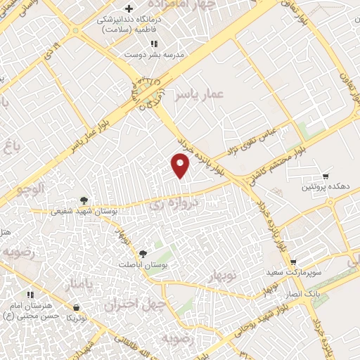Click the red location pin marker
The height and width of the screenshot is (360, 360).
coord(181,166)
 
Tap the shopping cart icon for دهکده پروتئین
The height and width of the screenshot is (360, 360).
coord(326,176)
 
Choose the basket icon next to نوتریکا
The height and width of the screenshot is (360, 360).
coord(75,307)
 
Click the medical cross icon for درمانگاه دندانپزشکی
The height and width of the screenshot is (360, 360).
coord(128,8)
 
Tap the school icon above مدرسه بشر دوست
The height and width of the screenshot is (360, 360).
coord(153,44)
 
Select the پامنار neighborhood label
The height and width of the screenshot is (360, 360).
coord(78,285)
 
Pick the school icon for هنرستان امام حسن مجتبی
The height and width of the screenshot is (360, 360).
coord(30,295)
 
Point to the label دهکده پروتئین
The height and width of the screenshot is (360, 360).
coord(325,187)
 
